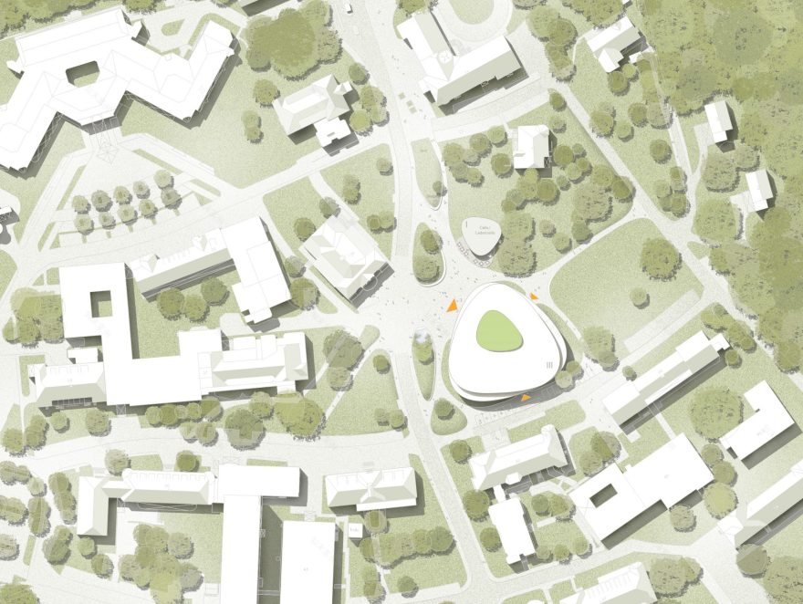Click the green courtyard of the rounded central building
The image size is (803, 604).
(499, 329)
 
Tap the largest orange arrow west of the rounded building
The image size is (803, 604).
(451, 307)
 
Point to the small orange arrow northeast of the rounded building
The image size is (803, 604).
(534, 296)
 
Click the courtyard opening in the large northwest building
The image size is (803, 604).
(83, 71)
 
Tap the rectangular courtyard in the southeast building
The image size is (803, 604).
(604, 495)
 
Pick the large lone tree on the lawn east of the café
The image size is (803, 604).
(659, 257)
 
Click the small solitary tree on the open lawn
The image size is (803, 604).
(639, 297)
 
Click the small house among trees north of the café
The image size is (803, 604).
(531, 146)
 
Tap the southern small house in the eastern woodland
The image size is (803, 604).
(758, 189)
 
